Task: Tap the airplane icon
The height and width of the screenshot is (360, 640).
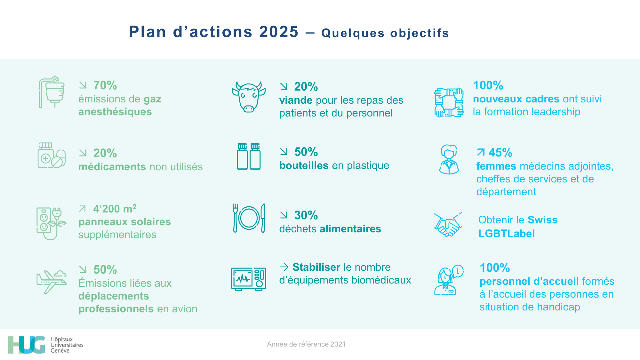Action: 52,281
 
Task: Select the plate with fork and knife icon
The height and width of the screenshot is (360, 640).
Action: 249,218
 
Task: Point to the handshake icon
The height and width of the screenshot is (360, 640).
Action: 448,225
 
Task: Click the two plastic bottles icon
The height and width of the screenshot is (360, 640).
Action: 249,156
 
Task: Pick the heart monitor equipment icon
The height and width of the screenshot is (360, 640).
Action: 249,279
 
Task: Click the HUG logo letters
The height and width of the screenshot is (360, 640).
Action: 27,345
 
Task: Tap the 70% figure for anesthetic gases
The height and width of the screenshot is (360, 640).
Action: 105,85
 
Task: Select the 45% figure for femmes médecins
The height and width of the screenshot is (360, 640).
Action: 500,153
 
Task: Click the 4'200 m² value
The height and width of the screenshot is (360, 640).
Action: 115,209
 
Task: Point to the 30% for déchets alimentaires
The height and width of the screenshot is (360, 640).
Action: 306,215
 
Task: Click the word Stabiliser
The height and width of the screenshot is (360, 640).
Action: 316,267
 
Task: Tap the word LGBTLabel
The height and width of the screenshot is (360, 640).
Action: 506,234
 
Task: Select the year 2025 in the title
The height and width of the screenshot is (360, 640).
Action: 279,32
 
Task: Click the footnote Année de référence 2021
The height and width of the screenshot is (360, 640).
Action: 306,344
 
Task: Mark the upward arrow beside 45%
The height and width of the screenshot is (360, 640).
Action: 481,152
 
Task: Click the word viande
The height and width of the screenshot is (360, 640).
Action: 296,100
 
